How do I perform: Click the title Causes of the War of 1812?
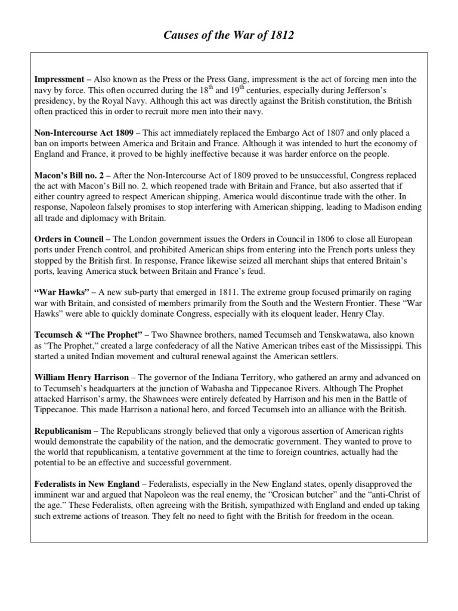(x=229, y=36)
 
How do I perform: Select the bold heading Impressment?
(x=59, y=79)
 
